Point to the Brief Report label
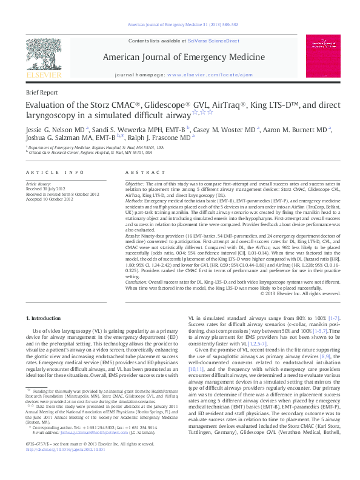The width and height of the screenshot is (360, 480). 42,93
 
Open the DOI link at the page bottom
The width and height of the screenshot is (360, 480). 61,470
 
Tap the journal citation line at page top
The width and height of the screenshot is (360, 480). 179,24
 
